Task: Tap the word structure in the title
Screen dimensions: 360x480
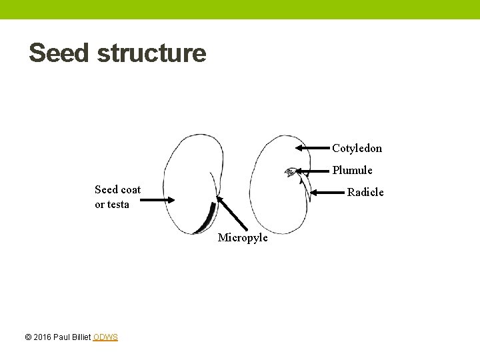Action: coord(151,53)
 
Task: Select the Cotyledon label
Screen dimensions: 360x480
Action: coord(357,148)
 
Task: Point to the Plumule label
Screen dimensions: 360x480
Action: coord(352,170)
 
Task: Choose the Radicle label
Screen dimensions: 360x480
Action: coord(365,192)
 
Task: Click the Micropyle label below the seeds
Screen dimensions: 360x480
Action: coord(243,238)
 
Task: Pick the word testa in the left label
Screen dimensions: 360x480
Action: coord(117,205)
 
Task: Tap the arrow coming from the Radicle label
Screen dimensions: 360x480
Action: coord(327,192)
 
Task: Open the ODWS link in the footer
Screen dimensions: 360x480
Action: coord(105,337)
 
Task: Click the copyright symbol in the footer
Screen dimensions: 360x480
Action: coord(28,337)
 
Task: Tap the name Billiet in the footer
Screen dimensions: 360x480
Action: coord(79,337)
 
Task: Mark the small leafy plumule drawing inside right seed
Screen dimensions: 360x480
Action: coord(290,173)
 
